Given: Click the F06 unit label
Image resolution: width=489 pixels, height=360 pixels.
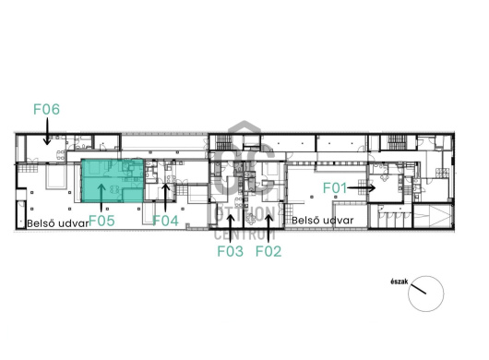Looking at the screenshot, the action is (46, 109).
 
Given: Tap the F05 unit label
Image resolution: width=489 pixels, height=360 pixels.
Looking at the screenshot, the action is (101, 221).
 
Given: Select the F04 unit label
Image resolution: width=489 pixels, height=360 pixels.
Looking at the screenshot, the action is (165, 221).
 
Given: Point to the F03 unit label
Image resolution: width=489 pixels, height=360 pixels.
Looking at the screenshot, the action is (230, 251).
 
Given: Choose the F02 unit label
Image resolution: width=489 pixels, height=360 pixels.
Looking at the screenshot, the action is (268, 251).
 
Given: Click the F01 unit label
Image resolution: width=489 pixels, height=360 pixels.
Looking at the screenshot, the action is (335, 188).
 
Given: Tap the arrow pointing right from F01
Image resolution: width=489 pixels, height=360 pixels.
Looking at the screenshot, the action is (361, 187).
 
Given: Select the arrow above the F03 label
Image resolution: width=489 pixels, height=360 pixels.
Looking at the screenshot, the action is (231, 228).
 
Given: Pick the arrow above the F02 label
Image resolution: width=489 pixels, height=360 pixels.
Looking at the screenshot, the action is (269, 228).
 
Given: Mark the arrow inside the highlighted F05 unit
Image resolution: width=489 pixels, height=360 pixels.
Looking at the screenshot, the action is (101, 198).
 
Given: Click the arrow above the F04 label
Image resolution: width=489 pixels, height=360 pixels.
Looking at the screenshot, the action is (165, 198).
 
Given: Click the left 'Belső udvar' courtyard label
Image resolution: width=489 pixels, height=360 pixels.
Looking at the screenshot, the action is (58, 223).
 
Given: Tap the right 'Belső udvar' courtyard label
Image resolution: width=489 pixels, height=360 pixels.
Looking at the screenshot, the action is (323, 221).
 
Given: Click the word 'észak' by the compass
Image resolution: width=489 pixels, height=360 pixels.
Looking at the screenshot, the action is (400, 282).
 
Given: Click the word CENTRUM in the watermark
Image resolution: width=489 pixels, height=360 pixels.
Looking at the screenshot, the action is (244, 234).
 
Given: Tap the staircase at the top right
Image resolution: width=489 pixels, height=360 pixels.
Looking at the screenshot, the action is (398, 142).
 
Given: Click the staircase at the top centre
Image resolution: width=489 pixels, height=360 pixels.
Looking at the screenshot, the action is (223, 142).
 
